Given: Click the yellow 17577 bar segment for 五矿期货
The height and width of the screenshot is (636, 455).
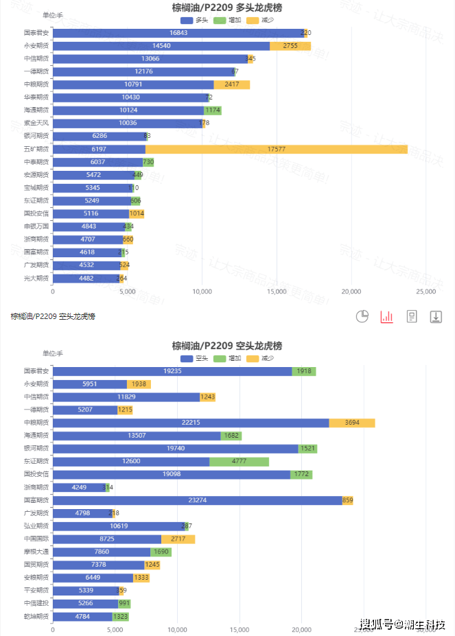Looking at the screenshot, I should point(276,149).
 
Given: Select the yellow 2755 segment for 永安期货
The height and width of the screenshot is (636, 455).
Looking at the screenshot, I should point(290,46).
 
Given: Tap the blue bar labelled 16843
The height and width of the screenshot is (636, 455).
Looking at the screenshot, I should point(178,33).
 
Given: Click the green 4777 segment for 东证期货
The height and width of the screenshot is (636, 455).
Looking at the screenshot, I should point(239,462).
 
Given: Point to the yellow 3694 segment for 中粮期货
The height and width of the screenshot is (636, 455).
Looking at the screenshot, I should point(351,423).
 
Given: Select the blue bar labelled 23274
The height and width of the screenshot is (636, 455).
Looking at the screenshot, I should point(197,500).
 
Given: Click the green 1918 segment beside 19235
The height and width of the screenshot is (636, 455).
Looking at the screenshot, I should point(303,371).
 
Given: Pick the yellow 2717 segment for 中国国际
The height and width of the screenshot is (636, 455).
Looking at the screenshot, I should point(178,539).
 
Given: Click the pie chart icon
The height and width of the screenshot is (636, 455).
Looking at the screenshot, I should point(363,316).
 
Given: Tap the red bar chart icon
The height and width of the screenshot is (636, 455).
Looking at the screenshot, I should point(387,316).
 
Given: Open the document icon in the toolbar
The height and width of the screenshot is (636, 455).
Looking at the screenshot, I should point(412,316).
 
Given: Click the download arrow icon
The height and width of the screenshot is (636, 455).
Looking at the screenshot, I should point(436,316).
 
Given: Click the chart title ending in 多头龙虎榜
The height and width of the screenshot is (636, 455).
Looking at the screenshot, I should point(227,8).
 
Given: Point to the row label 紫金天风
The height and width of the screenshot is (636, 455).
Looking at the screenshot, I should point(36,123).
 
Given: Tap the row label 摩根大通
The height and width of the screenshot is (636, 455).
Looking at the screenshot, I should point(36,552).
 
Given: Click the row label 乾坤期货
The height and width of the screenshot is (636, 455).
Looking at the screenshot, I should point(36,617).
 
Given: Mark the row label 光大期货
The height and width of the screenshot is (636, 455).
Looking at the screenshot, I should point(36,278).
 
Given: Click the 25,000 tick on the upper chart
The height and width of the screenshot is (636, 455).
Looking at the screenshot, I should point(425,292).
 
